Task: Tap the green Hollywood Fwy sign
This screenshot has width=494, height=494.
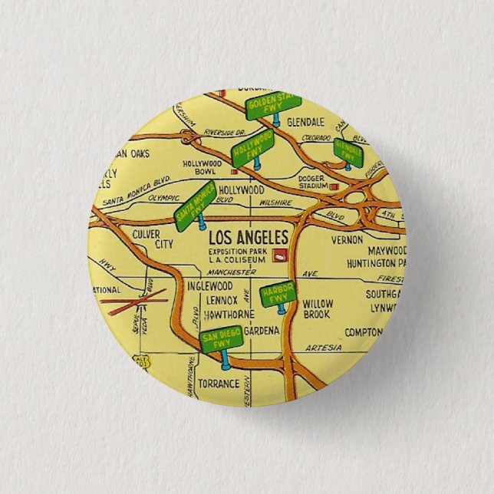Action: [x=254, y=146]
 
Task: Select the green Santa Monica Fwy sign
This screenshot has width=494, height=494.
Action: [x=194, y=206]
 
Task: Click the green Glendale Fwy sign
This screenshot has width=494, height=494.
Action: [x=349, y=153]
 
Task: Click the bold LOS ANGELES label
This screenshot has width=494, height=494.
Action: [x=249, y=237]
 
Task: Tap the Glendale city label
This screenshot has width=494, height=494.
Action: [x=305, y=122]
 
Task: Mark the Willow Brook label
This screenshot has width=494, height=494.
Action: [x=317, y=308]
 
